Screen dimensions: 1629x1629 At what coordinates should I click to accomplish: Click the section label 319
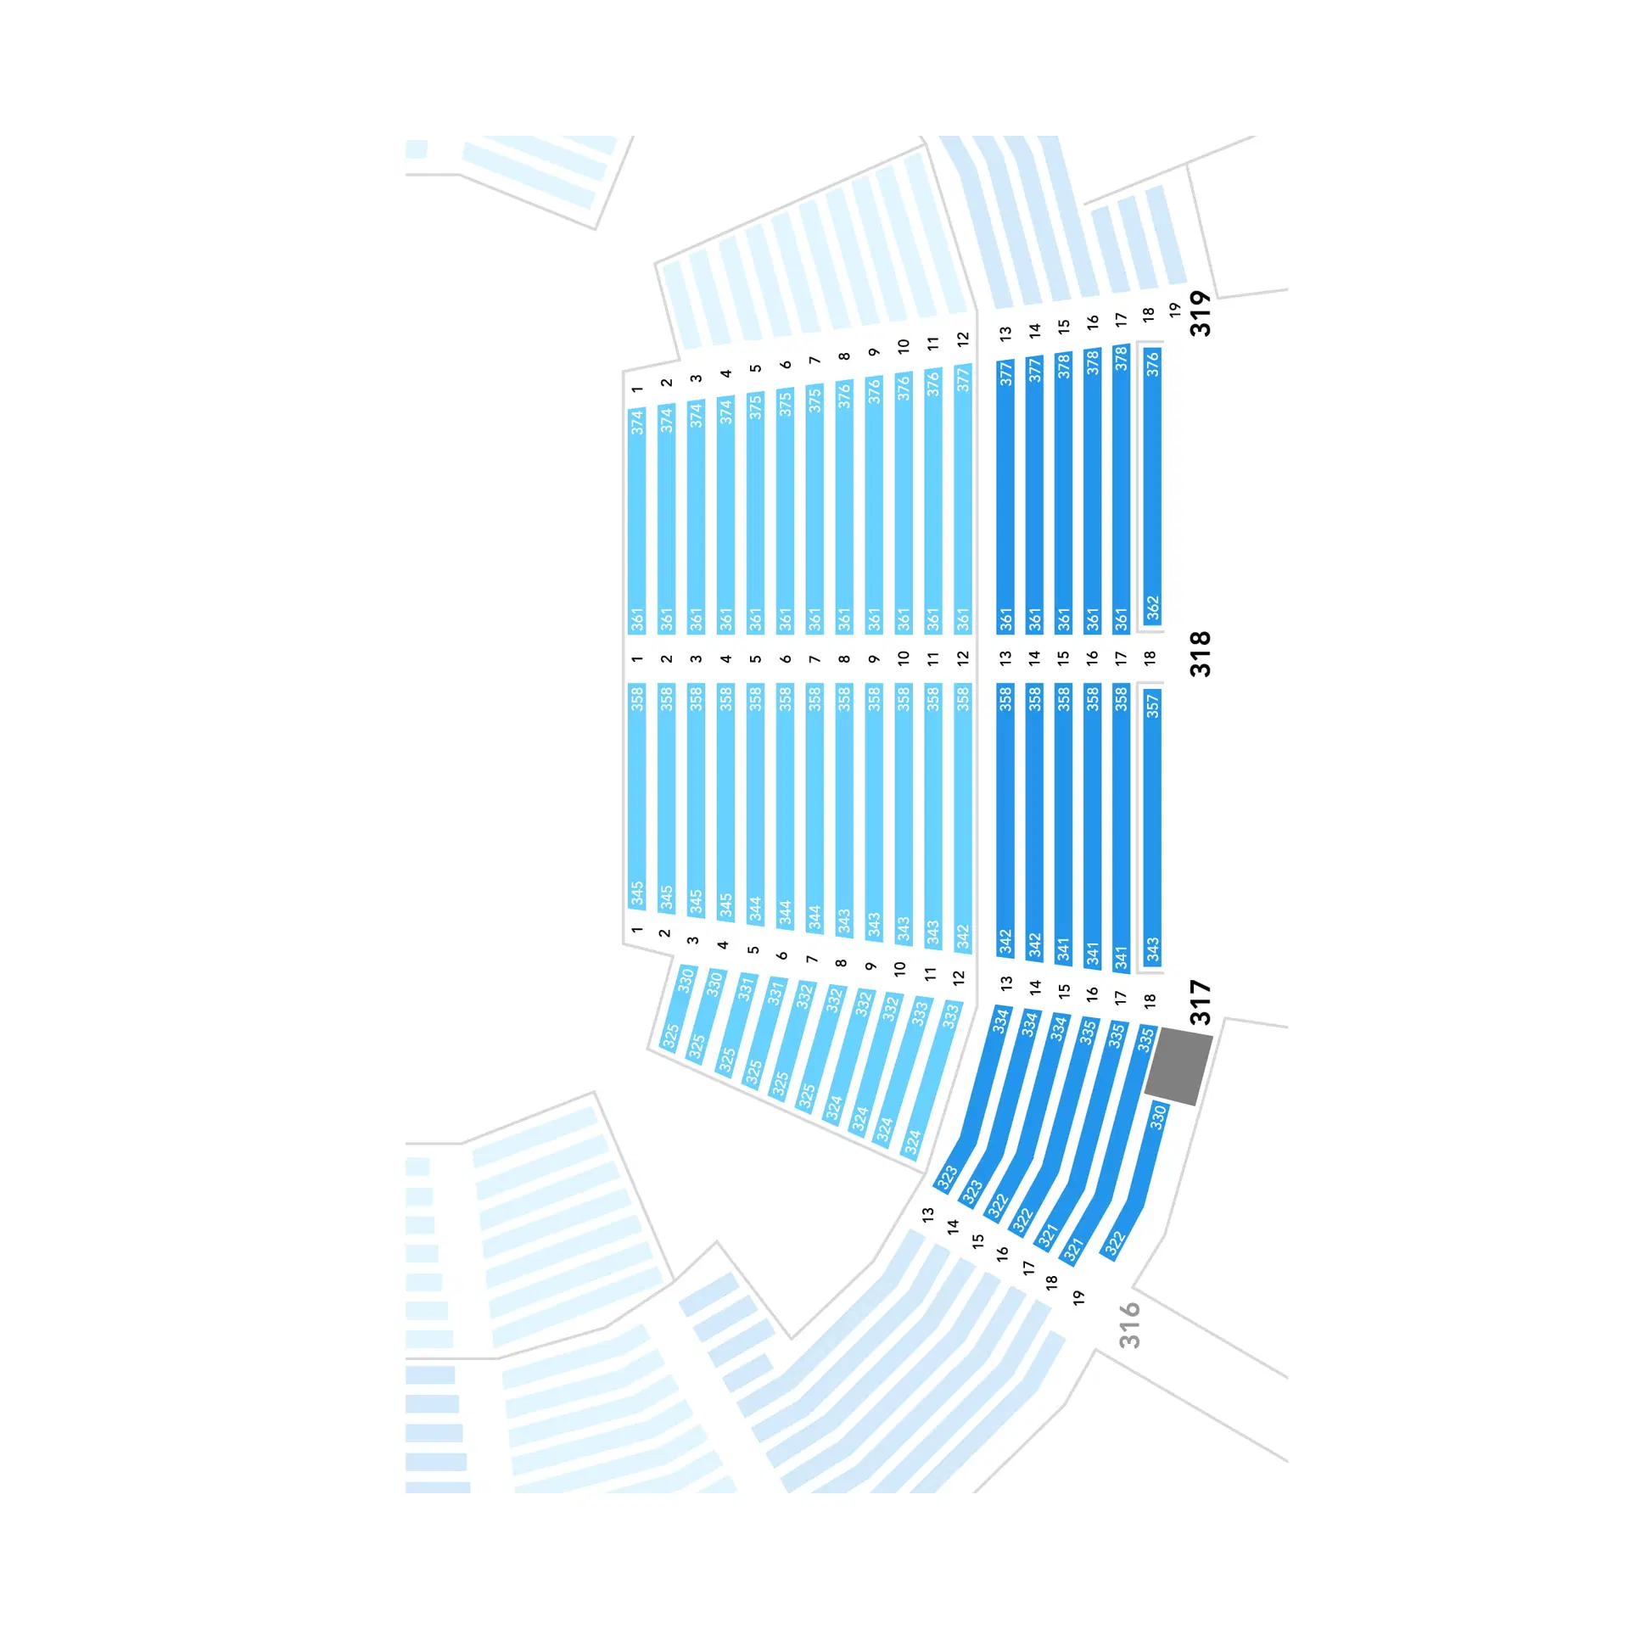1200,313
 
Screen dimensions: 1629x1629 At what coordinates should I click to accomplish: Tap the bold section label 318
1200,654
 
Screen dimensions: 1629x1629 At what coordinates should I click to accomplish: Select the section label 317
1200,1002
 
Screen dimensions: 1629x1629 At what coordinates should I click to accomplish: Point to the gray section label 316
1129,1325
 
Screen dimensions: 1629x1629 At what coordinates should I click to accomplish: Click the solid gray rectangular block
1178,1066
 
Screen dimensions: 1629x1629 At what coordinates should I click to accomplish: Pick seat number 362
1152,608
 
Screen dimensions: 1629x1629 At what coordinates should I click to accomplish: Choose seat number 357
1152,705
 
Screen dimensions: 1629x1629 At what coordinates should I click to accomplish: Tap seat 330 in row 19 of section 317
1158,1117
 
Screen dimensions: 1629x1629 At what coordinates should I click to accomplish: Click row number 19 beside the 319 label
1175,311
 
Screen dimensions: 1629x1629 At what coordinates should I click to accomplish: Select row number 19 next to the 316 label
1078,1297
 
